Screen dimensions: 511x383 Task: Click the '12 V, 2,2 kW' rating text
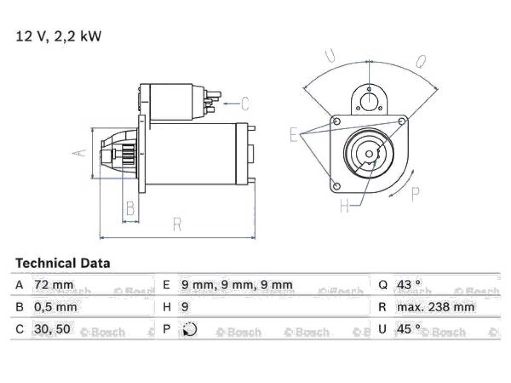(59, 36)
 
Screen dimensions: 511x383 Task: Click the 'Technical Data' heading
(63, 263)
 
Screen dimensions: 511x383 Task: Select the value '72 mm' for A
(54, 285)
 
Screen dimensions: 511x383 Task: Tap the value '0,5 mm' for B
(55, 307)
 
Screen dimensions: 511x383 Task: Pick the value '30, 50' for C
(52, 329)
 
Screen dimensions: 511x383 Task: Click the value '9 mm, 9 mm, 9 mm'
(237, 285)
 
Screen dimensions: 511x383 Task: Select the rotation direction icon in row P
(190, 329)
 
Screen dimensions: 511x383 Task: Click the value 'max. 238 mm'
(435, 307)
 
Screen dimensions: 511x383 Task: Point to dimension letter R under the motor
(177, 224)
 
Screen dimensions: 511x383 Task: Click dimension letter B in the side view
(130, 208)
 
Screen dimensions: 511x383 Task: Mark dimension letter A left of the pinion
(80, 153)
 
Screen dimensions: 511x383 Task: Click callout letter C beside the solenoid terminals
(245, 104)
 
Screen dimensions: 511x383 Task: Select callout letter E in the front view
(293, 135)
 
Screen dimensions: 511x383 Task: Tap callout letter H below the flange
(344, 205)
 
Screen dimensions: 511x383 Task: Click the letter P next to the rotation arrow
(415, 194)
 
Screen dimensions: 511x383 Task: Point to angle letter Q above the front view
(421, 61)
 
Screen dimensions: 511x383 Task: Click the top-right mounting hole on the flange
(402, 122)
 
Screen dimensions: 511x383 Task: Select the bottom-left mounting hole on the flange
(337, 187)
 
